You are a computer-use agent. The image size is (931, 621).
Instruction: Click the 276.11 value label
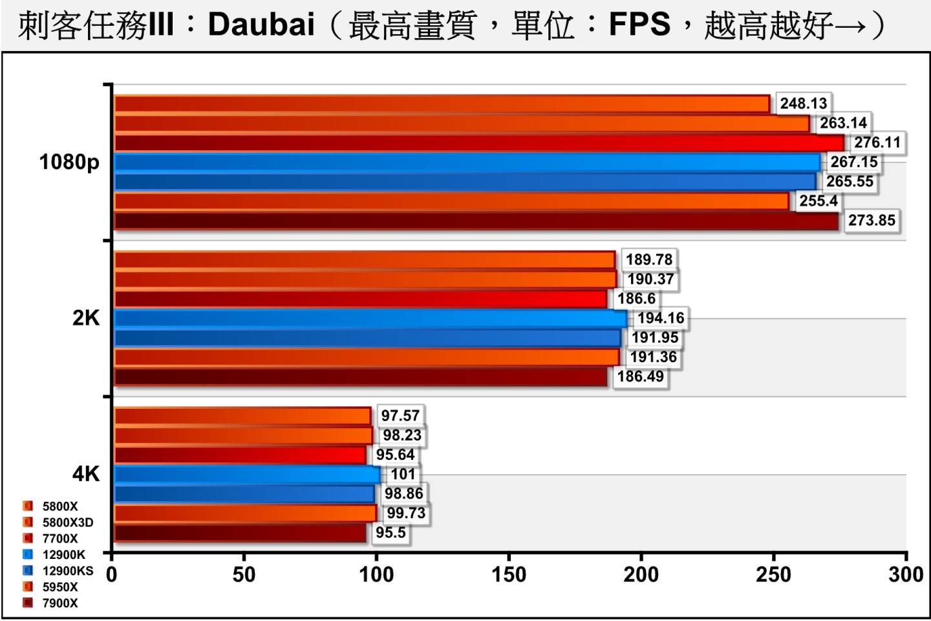[877, 142]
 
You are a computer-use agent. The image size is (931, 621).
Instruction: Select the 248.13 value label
[803, 103]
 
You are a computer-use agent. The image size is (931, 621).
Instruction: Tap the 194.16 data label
[660, 318]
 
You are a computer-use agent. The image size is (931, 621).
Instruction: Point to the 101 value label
[403, 474]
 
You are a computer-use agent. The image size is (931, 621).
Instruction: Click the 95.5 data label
[391, 532]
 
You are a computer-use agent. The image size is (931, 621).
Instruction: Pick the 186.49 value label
[640, 376]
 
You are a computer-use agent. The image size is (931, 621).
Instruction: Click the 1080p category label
[69, 162]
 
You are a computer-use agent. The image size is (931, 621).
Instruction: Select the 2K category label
[86, 318]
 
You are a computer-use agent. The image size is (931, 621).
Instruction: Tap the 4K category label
[86, 474]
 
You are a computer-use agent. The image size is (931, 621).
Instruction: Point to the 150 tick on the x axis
[508, 574]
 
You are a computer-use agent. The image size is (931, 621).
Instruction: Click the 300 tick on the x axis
[906, 574]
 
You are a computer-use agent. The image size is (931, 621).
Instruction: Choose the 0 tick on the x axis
[112, 574]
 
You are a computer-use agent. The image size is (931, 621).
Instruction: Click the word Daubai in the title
[261, 25]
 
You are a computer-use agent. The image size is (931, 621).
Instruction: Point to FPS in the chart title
[639, 25]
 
